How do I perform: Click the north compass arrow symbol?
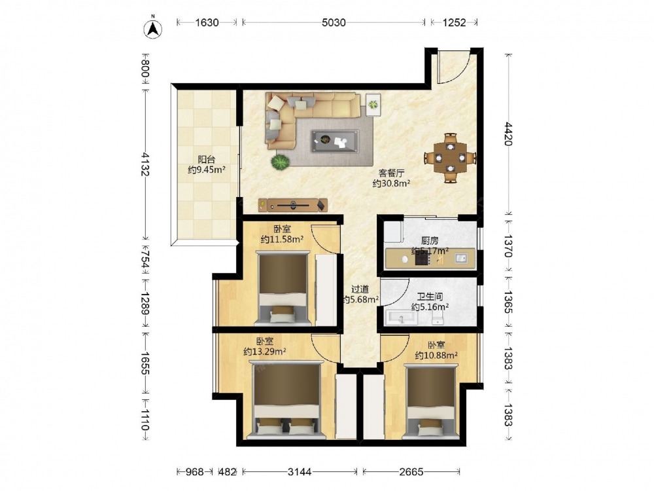click(x=153, y=28)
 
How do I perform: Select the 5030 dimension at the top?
click(x=334, y=22)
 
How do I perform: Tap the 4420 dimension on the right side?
click(x=508, y=134)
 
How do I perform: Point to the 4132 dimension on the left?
click(x=145, y=164)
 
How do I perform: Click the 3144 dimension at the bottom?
click(x=300, y=472)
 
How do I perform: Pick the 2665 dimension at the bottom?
click(x=411, y=472)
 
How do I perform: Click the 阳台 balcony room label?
click(x=206, y=159)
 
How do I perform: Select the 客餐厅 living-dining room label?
click(x=391, y=173)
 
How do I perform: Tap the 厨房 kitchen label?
click(x=430, y=240)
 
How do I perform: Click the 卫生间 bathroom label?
click(x=430, y=297)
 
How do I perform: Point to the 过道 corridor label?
click(x=360, y=289)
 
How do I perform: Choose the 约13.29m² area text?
click(x=264, y=352)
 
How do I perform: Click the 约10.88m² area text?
click(x=436, y=355)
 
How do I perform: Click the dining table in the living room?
click(x=450, y=158)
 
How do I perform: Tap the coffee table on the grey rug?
click(x=334, y=141)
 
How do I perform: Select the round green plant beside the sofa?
click(x=280, y=162)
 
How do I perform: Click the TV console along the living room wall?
click(x=293, y=205)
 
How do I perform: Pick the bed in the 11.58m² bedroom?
click(x=283, y=287)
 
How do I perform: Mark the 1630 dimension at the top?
click(x=207, y=22)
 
